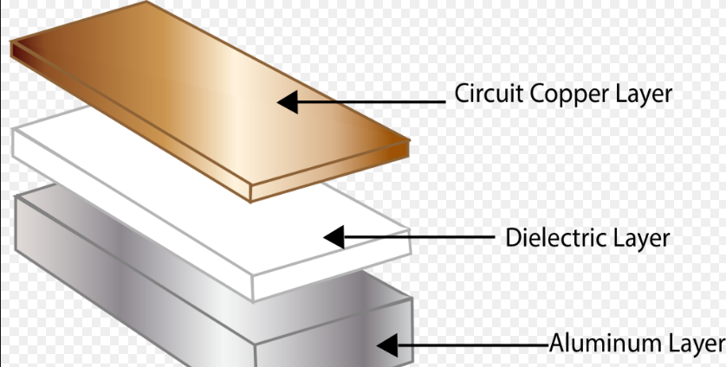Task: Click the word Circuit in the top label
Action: click(484, 93)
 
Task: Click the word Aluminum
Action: click(598, 344)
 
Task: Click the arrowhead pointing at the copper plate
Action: click(289, 101)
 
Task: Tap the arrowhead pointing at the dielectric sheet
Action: click(334, 236)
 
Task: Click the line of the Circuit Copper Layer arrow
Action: click(373, 101)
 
